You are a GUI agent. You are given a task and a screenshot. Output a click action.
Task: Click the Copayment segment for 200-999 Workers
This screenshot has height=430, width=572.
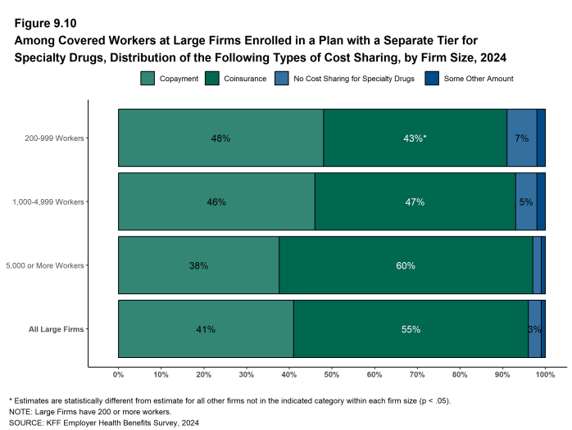[220, 138]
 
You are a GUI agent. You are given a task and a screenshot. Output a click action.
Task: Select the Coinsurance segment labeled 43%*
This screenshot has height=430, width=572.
[415, 138]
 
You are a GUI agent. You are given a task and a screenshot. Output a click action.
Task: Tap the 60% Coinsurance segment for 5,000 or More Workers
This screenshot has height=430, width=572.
[406, 265]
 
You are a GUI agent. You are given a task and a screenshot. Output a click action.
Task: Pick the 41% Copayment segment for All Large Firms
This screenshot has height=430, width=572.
[206, 329]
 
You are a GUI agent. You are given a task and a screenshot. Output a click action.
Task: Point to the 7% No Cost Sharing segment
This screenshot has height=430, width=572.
[521, 138]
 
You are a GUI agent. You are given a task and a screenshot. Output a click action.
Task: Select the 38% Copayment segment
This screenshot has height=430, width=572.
[198, 265]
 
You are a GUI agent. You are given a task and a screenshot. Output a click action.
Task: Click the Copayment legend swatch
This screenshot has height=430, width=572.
[148, 79]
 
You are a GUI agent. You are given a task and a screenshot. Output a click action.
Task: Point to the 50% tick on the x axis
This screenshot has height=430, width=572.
[332, 374]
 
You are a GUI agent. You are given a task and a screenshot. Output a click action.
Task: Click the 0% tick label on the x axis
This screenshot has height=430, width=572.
[118, 374]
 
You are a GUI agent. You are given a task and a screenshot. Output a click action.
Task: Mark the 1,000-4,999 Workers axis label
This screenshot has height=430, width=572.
[58, 201]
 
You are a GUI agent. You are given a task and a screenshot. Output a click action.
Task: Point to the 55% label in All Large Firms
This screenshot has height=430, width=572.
[411, 329]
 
